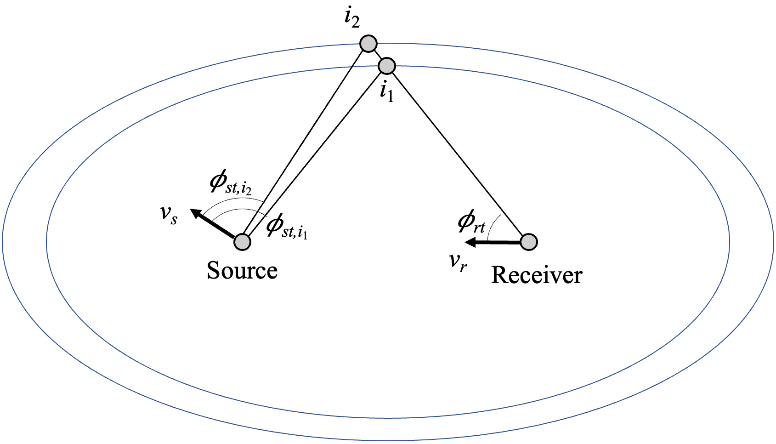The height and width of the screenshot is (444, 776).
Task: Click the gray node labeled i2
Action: (368, 44)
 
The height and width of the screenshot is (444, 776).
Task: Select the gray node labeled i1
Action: (387, 66)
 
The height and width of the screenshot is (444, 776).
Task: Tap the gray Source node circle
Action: (242, 241)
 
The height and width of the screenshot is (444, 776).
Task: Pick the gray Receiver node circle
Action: (529, 241)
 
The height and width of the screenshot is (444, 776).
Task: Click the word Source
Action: (242, 270)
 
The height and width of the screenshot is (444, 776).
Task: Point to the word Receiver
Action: (536, 275)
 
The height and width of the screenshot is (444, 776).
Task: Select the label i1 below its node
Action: (387, 92)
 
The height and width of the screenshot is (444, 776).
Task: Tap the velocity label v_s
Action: (168, 214)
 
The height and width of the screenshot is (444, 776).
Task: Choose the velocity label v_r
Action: (458, 262)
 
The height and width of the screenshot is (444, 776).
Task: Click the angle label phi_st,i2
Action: (230, 183)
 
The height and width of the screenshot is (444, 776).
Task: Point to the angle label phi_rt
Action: (471, 222)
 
